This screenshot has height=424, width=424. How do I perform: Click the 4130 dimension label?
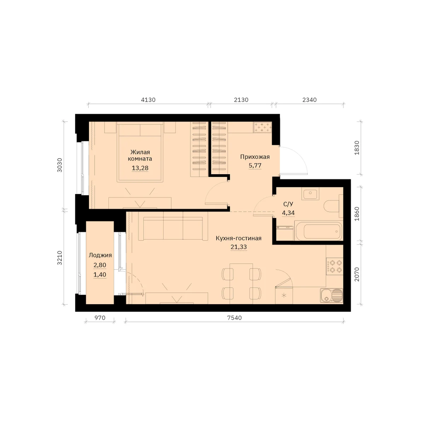pos(148,100)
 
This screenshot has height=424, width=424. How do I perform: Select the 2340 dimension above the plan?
pos(310,100)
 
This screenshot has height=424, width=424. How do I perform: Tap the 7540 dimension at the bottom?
pos(234,318)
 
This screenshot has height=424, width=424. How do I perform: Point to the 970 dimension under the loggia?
pos(100,318)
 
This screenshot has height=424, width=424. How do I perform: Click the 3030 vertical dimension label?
pos(60,165)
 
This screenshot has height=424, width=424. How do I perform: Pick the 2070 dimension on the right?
pos(357,275)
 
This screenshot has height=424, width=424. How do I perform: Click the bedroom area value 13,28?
pos(140,168)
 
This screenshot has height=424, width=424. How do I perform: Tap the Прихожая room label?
pos(255,157)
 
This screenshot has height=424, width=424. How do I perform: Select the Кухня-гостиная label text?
pos(238,238)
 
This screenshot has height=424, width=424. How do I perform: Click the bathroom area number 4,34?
pos(288,213)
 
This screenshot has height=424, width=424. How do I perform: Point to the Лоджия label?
pos(100,255)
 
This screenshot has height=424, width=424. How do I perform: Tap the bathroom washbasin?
pos(310,194)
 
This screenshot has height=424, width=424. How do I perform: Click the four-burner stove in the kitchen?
pos(335,266)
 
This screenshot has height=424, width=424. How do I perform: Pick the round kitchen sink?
pos(331,295)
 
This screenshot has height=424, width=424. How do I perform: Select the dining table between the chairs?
pos(241,284)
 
